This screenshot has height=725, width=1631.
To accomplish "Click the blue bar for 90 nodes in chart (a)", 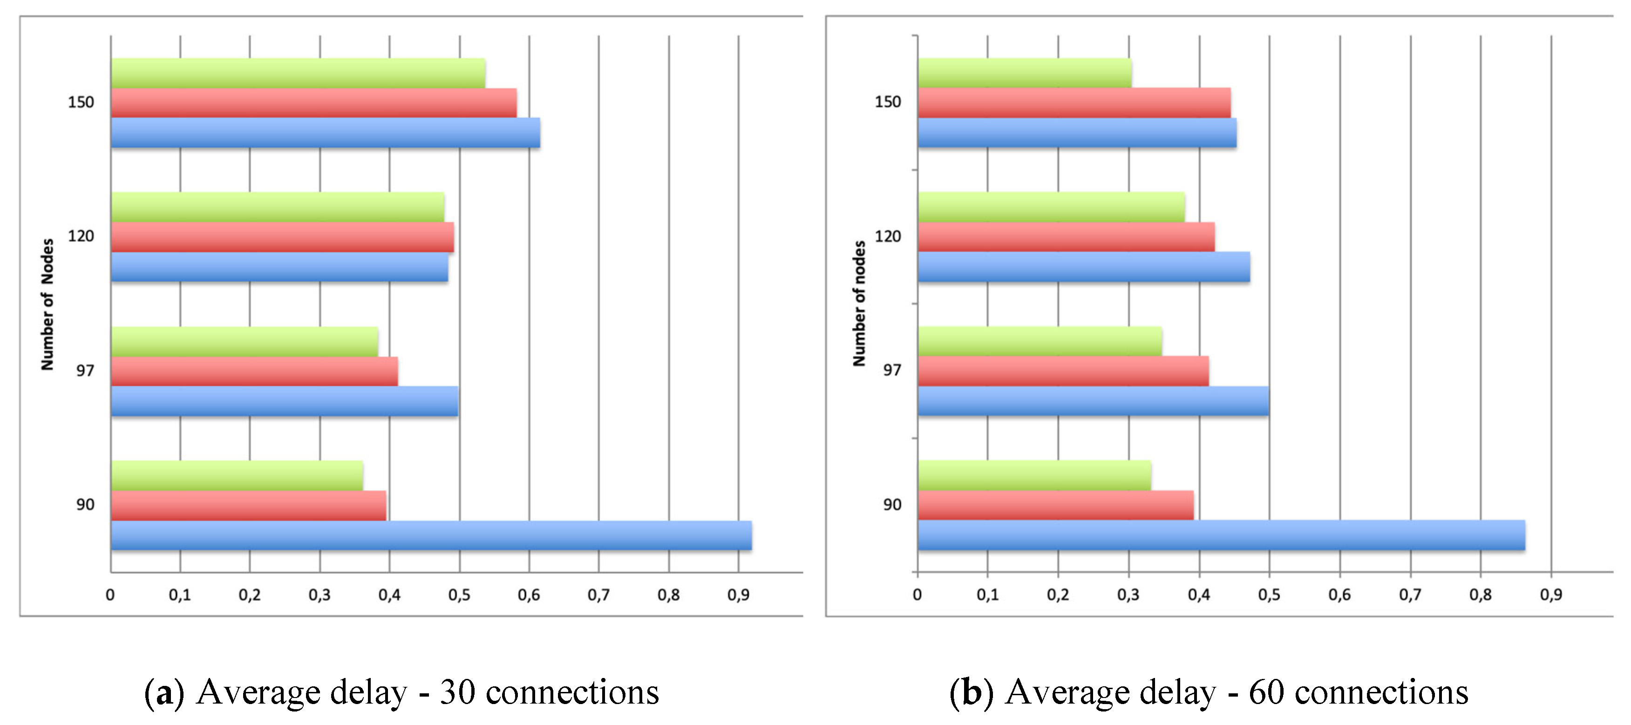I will pyautogui.click(x=430, y=535).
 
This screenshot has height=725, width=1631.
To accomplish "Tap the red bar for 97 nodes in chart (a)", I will pyautogui.click(x=255, y=371).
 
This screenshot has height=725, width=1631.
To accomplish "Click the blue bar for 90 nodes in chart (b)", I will pyautogui.click(x=1221, y=535).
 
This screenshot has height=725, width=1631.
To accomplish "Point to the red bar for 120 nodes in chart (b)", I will pyautogui.click(x=1066, y=237).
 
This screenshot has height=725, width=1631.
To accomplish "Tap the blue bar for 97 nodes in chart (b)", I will pyautogui.click(x=1093, y=401).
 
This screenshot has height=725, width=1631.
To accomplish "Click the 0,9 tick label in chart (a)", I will pyautogui.click(x=738, y=595).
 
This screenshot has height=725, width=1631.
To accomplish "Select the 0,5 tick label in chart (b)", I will pyautogui.click(x=1269, y=595).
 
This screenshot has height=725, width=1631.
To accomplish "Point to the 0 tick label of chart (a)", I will pyautogui.click(x=110, y=595).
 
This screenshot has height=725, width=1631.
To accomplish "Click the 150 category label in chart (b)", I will pyautogui.click(x=887, y=102).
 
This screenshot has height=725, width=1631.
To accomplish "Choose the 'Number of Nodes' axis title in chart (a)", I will pyautogui.click(x=48, y=304).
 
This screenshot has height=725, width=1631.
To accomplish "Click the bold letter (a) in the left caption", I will pyautogui.click(x=164, y=692).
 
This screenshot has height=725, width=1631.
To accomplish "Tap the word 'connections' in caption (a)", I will pyautogui.click(x=572, y=692).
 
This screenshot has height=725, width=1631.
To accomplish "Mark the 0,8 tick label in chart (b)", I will pyautogui.click(x=1480, y=595).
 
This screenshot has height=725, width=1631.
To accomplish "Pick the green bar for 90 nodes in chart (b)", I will pyautogui.click(x=1034, y=475).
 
